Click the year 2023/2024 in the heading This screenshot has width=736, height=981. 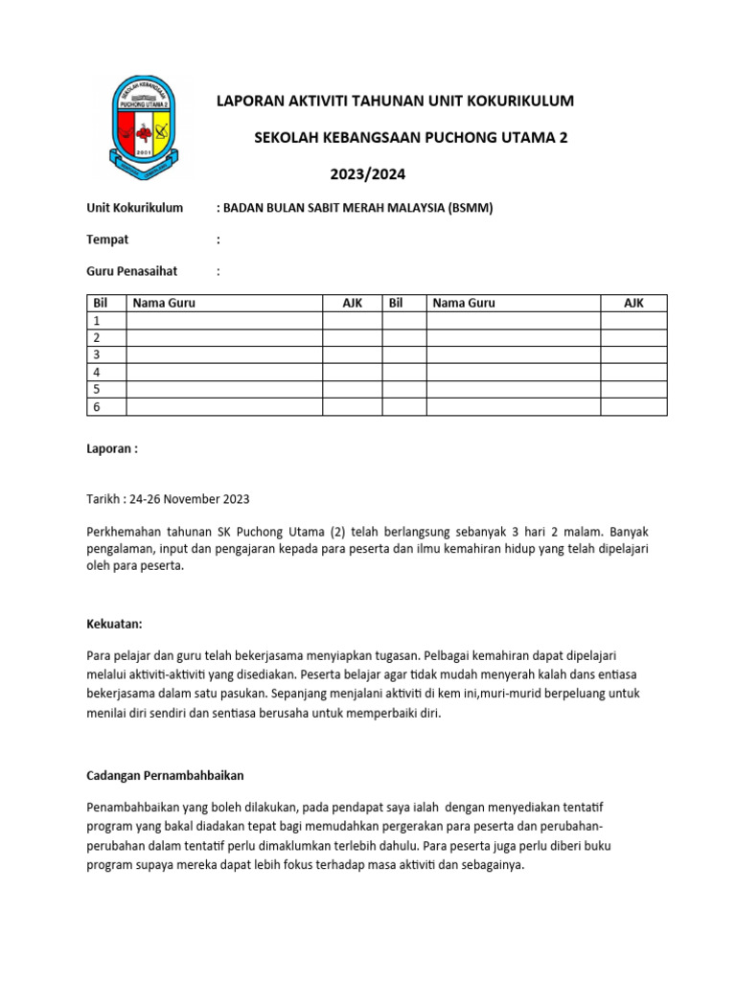coord(368,174)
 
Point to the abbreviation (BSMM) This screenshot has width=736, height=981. coord(470,207)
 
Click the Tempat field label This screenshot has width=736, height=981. coord(107,240)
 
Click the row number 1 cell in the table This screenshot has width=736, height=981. coord(105,321)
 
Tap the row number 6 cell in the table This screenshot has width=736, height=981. coord(105,407)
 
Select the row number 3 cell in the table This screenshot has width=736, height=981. coord(105,355)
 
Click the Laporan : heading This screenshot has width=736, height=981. coord(112,447)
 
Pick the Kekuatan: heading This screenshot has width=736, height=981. coord(114,625)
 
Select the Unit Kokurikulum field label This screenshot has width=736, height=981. coord(135,207)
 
